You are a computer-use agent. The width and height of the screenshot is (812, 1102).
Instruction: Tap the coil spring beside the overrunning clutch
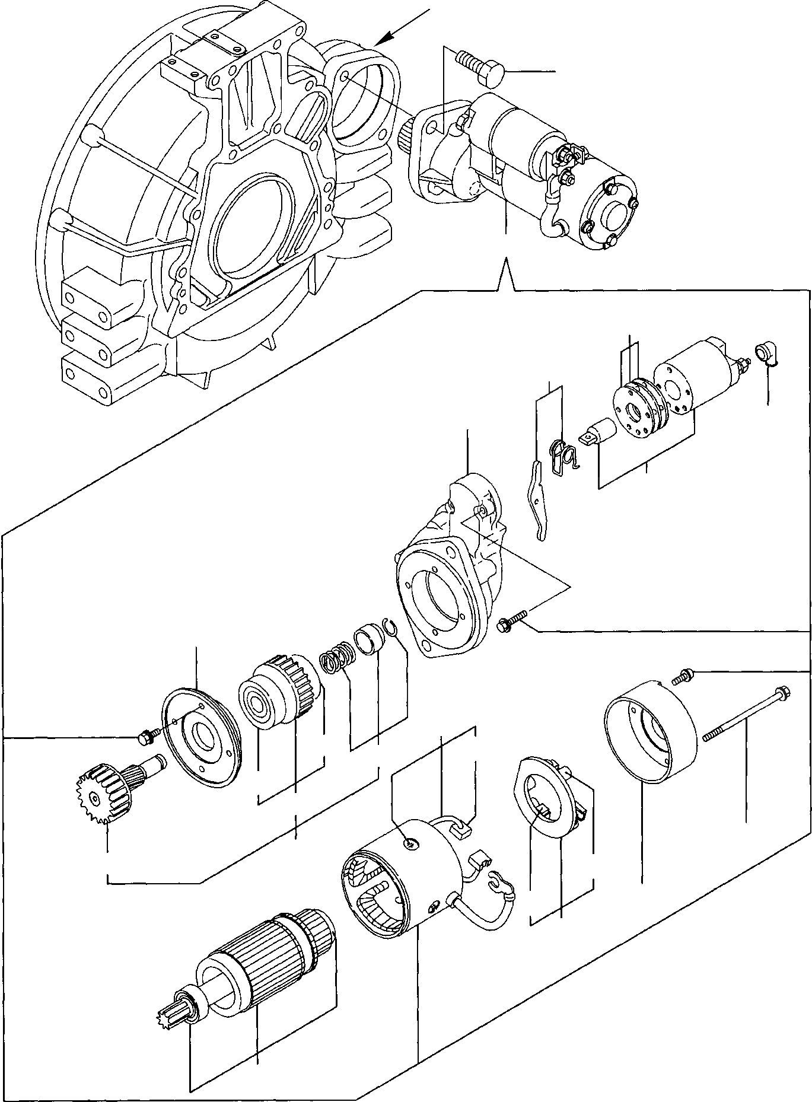point(336,663)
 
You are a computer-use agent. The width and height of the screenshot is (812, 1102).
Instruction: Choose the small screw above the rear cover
point(683,676)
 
